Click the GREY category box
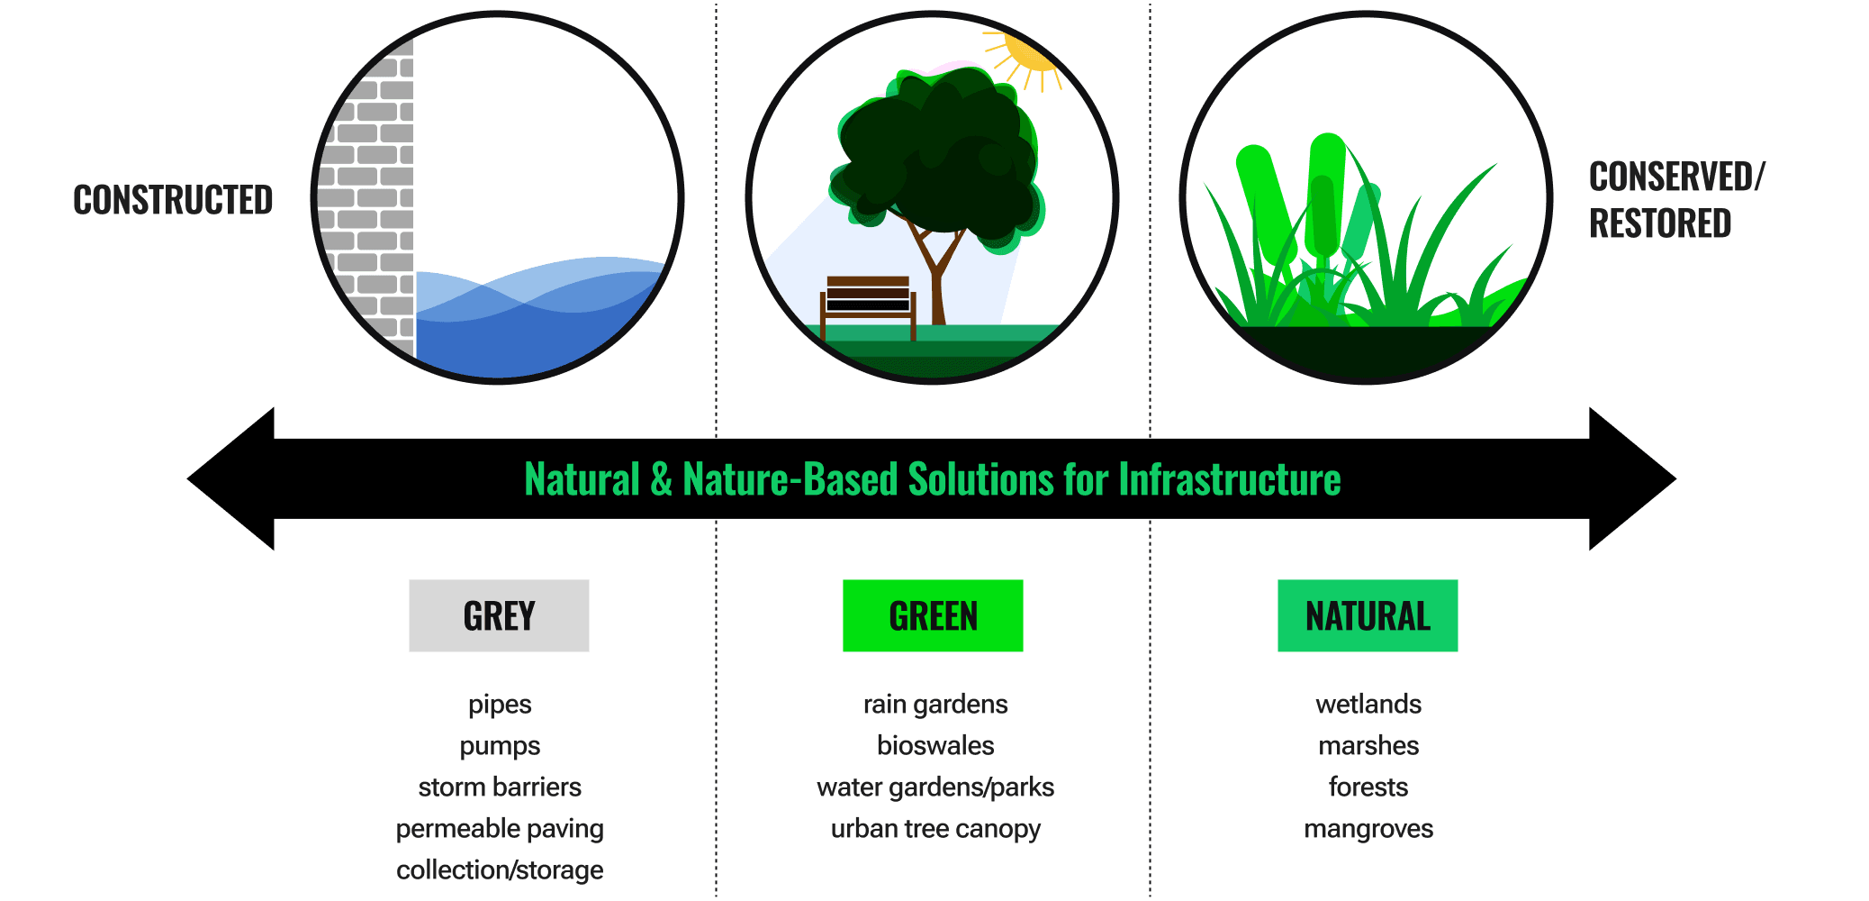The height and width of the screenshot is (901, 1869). [499, 615]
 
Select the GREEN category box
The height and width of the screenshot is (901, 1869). [933, 615]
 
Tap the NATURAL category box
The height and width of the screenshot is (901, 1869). [1368, 615]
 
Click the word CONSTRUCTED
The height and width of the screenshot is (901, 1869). [173, 200]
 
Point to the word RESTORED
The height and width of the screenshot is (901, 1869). [1660, 223]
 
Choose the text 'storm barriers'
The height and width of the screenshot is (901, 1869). [500, 787]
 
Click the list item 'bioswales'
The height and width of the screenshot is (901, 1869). [935, 746]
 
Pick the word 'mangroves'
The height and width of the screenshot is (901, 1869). [1368, 829]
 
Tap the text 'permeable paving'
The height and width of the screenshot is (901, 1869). [500, 829]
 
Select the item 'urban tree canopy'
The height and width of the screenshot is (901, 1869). [935, 829]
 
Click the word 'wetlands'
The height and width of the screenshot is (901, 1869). [1368, 705]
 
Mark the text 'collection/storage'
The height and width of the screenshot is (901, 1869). [500, 870]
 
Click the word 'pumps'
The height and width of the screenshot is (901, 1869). [500, 746]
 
